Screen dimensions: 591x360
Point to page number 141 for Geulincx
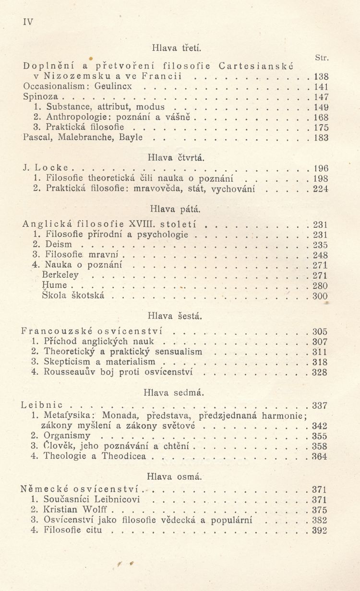click(x=320, y=87)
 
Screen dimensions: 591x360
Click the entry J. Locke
click(x=46, y=168)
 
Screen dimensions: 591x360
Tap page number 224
click(x=320, y=189)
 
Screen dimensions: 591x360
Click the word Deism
click(x=58, y=244)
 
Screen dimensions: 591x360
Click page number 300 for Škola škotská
click(x=320, y=296)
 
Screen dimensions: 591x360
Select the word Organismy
click(x=67, y=436)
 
